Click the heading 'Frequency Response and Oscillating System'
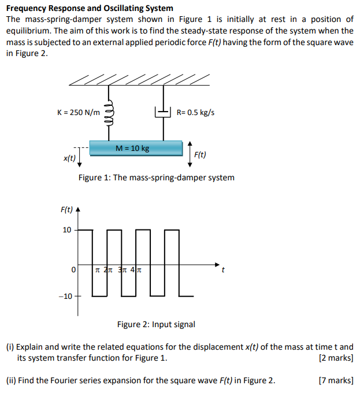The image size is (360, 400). tap(90, 8)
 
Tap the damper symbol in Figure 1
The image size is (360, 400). tap(164, 112)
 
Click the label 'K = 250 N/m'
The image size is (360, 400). tap(79, 112)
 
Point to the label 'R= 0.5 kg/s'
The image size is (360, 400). tap(195, 112)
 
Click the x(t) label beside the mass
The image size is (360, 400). tap(69, 157)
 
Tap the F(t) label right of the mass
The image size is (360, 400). tap(201, 154)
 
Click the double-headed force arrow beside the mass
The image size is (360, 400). tap(190, 153)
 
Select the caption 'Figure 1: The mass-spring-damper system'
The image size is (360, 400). tap(157, 177)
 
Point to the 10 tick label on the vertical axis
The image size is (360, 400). tap(67, 230)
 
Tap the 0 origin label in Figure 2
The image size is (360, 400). tap(73, 269)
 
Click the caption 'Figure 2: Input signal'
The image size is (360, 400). tap(156, 324)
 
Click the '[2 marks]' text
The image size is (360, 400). tap(336, 358)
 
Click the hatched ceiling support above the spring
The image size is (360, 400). tap(139, 79)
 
